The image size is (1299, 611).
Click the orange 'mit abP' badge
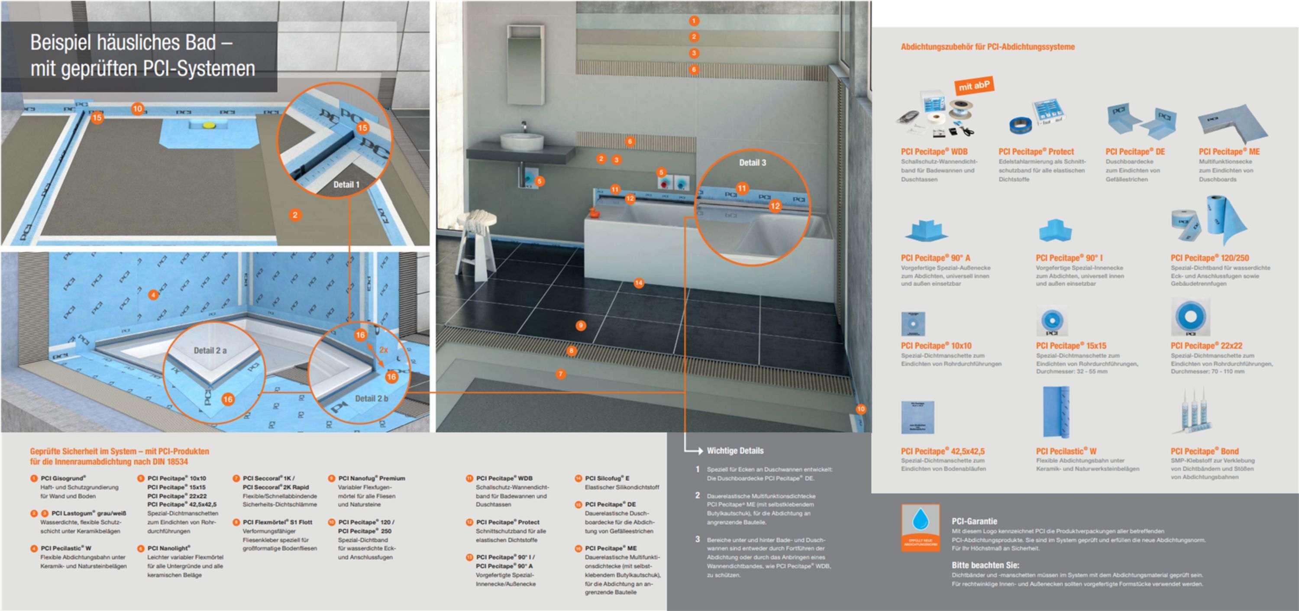(x=974, y=86)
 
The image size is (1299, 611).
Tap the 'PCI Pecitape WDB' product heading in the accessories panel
(x=934, y=151)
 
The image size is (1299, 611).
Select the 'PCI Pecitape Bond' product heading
(x=1204, y=451)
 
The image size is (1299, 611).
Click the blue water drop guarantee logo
(x=920, y=527)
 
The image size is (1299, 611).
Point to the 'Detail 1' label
(x=346, y=184)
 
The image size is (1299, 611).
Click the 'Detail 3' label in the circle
(x=753, y=162)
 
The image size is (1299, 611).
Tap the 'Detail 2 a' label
(x=210, y=350)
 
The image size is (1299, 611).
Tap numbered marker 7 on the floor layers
(x=561, y=374)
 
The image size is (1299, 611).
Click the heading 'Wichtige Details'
(x=735, y=451)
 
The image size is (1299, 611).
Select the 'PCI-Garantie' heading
(x=974, y=521)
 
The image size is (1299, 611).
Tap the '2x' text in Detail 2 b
(x=384, y=350)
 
